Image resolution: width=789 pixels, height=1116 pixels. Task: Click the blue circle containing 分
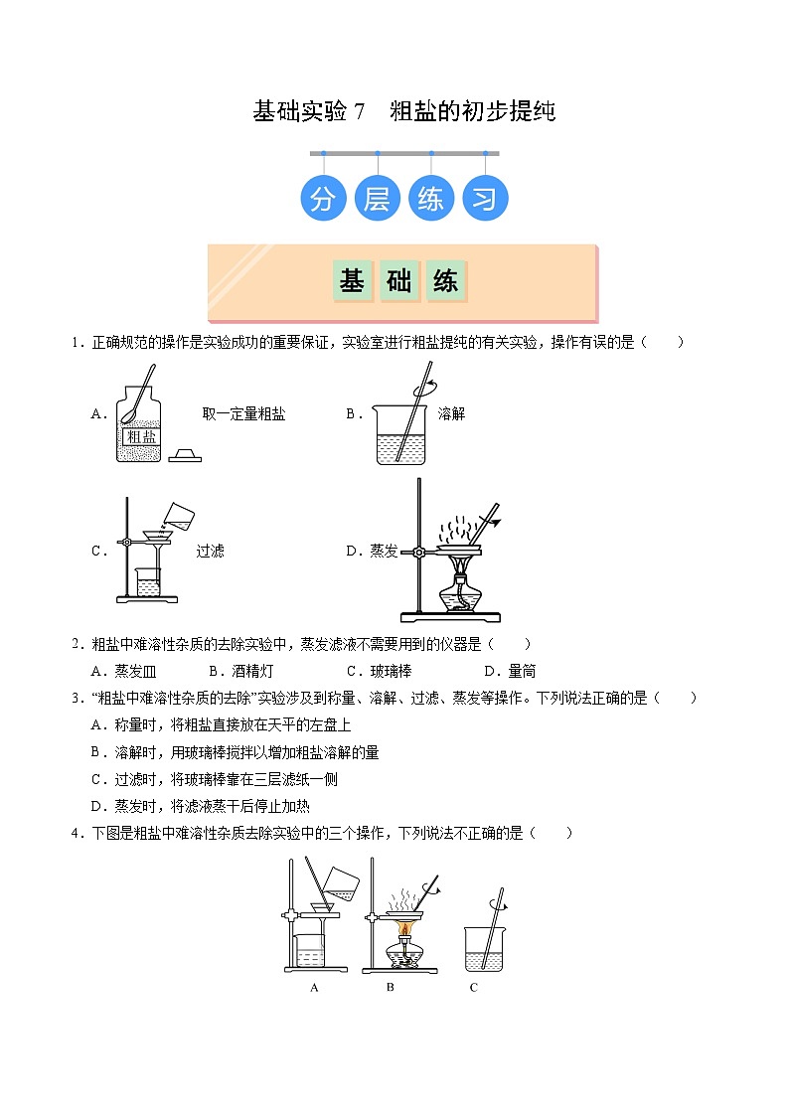click(x=323, y=199)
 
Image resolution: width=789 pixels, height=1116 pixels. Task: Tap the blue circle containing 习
click(x=484, y=199)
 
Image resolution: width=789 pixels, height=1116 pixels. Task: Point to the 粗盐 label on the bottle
click(x=138, y=435)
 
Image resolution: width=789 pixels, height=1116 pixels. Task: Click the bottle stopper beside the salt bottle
click(x=185, y=455)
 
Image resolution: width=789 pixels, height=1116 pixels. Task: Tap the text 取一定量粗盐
click(x=243, y=414)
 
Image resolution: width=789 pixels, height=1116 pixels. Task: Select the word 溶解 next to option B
click(x=451, y=414)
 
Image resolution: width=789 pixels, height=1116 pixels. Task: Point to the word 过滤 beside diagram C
click(x=210, y=551)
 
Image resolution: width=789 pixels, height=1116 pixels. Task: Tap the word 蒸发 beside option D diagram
click(x=385, y=551)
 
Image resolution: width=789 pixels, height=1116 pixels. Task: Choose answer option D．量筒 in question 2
click(x=510, y=671)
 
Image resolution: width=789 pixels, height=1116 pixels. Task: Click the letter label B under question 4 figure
click(x=391, y=987)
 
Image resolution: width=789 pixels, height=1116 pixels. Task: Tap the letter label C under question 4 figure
click(x=474, y=987)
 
